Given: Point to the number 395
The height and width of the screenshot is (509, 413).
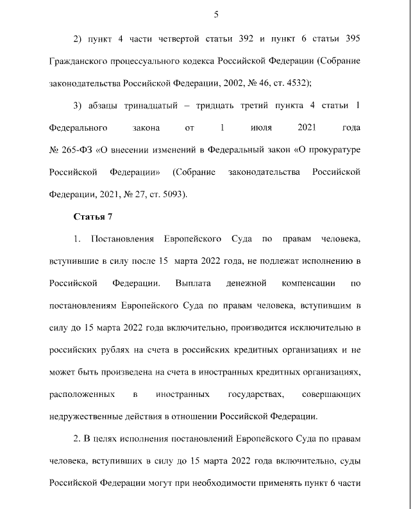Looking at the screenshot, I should (x=352, y=38).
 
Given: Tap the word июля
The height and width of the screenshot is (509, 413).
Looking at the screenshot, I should (x=257, y=127).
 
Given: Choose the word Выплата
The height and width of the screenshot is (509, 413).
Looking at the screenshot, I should (x=190, y=282).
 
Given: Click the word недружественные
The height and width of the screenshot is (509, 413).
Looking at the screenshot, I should (x=88, y=415).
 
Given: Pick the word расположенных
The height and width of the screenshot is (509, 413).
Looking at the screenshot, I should (x=81, y=392).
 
